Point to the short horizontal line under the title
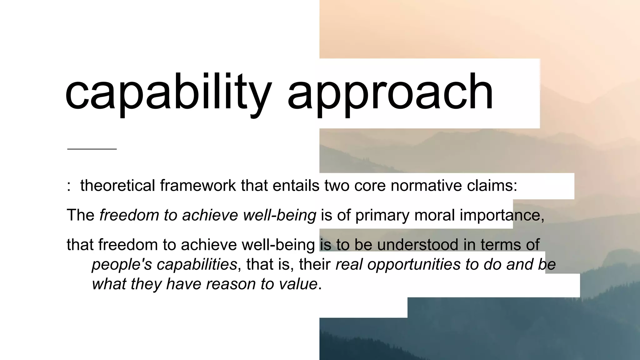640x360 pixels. coord(92,149)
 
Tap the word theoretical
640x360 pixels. coord(117,185)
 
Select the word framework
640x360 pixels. coord(198,185)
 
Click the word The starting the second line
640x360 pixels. coord(81,215)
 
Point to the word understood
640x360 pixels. coord(418,244)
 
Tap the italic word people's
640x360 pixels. coord(122,265)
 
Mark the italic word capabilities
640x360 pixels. coord(197,265)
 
